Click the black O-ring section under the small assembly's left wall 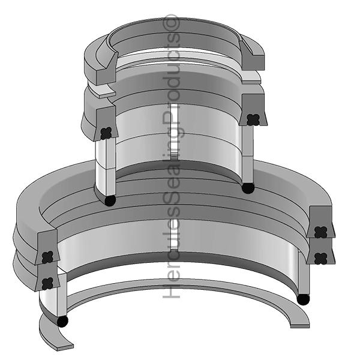point(110,200)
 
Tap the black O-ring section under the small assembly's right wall point(248,188)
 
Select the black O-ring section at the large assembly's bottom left point(62,322)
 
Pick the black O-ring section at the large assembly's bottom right point(303,299)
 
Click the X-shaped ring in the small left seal point(106,133)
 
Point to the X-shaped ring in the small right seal point(253,119)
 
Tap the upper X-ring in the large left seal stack point(48,257)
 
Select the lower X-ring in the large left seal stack point(48,283)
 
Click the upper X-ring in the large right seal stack point(320,232)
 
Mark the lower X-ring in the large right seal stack point(320,259)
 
